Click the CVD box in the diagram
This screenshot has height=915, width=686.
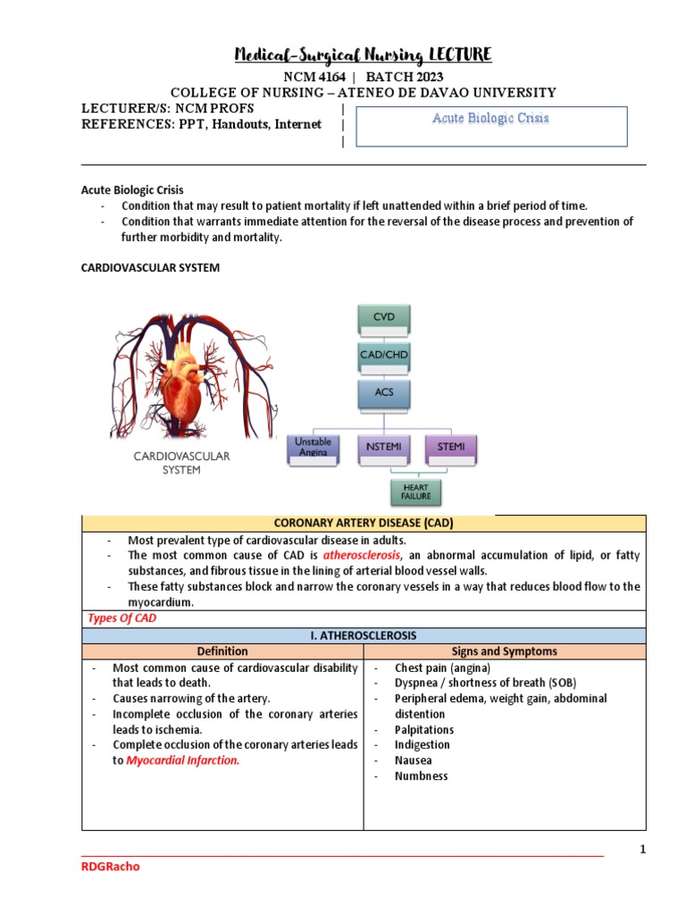pos(384,316)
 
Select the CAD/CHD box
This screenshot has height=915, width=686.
pos(384,355)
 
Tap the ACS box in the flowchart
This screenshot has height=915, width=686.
pos(384,391)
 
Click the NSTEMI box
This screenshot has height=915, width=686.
pos(383,447)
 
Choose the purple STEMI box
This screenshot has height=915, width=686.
pos(452,447)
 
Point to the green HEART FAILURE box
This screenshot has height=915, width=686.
pos(416,491)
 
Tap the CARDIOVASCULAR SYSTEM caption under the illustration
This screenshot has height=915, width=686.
pos(181,462)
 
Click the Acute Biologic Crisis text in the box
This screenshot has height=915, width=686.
pos(490,118)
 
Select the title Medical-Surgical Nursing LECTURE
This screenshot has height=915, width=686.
pos(363,56)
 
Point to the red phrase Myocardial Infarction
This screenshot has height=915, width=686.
pos(183,760)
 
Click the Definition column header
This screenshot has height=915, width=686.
pos(223,651)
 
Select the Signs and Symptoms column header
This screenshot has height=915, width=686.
pos(505,651)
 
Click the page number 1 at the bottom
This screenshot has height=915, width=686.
pos(641,850)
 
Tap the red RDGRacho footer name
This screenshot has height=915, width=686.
pos(111,866)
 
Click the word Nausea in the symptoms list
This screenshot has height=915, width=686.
pos(414,760)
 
